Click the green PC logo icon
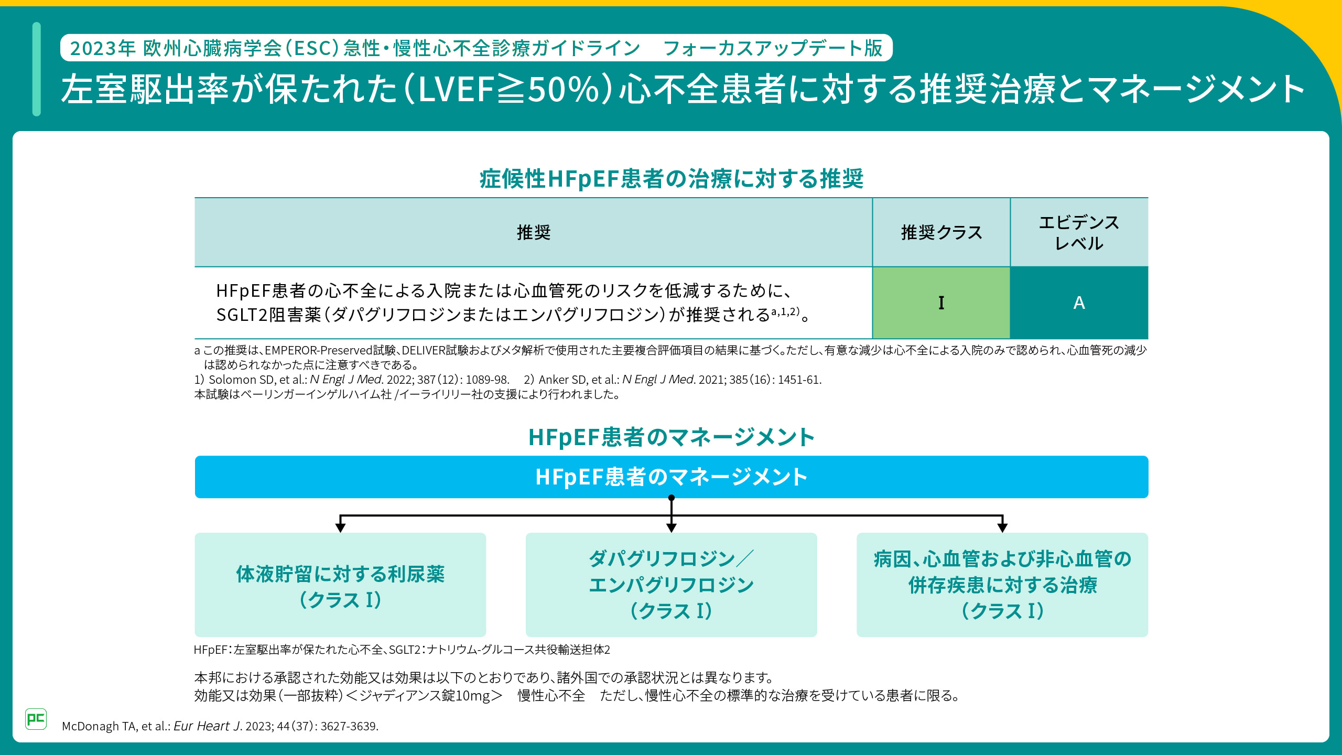click(x=36, y=719)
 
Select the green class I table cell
click(x=941, y=303)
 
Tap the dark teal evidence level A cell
click(x=1079, y=303)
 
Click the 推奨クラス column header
click(x=941, y=232)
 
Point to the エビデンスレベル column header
click(x=1079, y=232)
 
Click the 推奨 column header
click(x=533, y=232)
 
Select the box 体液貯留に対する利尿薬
click(x=340, y=585)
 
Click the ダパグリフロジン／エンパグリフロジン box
click(x=671, y=585)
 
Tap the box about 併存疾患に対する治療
click(x=1002, y=585)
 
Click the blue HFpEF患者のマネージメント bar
click(x=671, y=477)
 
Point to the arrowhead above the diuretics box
click(x=340, y=527)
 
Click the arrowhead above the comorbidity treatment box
click(x=1002, y=527)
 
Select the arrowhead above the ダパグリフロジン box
click(x=671, y=527)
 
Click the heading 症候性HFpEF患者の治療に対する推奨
click(x=671, y=179)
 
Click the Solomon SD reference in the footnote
click(x=351, y=380)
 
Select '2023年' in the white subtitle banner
click(x=103, y=48)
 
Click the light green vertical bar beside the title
click(x=36, y=69)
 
